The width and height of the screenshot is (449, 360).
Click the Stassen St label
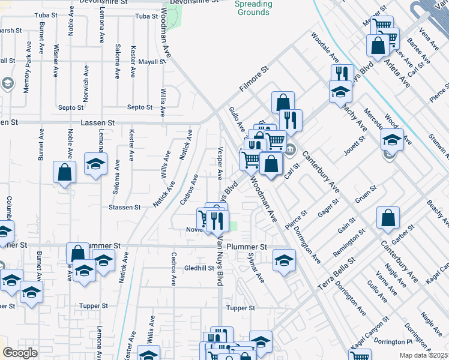(124, 208)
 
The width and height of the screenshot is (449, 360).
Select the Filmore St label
(252, 82)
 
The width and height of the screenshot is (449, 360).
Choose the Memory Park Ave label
(27, 74)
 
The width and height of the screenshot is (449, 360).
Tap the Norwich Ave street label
(86, 84)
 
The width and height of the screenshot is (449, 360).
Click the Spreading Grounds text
(253, 8)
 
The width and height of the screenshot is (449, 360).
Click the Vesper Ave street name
(220, 162)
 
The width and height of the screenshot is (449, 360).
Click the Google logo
(20, 353)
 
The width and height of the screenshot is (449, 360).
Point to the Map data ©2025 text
(424, 355)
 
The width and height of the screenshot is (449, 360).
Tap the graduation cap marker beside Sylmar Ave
(284, 260)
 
